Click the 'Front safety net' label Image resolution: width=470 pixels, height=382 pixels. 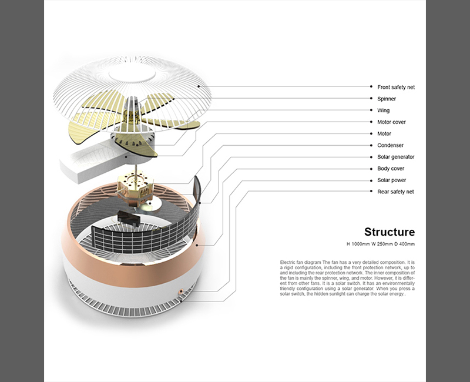tap(395, 87)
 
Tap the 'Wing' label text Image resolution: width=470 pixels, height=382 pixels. tap(383, 110)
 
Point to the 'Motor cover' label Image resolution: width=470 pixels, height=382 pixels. tap(391, 122)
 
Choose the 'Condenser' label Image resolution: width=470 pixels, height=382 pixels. tap(390, 145)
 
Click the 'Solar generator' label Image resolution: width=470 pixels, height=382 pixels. tap(395, 157)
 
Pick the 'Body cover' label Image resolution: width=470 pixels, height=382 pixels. tap(391, 169)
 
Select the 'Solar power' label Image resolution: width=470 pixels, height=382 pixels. tap(391, 180)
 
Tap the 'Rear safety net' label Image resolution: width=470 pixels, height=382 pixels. tap(395, 192)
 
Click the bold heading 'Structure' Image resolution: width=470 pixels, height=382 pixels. tap(389, 232)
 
